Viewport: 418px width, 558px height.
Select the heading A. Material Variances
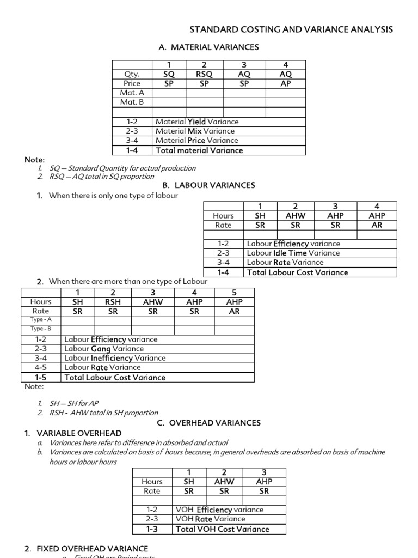pyautogui.click(x=208, y=47)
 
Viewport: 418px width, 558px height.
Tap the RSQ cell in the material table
pyautogui.click(x=205, y=74)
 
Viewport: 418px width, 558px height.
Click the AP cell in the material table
pyautogui.click(x=285, y=83)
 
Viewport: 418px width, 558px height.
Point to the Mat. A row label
pyautogui.click(x=132, y=93)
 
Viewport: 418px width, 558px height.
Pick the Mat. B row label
pyautogui.click(x=132, y=102)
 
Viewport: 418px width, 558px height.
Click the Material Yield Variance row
pyautogui.click(x=197, y=122)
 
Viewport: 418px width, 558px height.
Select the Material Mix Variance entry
pyautogui.click(x=195, y=131)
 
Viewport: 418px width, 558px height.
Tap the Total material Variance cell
pyautogui.click(x=199, y=150)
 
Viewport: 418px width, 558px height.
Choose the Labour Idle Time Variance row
pyautogui.click(x=293, y=253)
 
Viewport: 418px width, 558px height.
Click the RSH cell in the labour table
pyautogui.click(x=113, y=301)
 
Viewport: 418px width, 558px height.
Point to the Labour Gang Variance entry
pyautogui.click(x=104, y=349)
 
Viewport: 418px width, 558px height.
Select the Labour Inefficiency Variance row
pyautogui.click(x=115, y=358)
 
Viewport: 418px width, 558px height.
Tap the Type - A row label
pyautogui.click(x=41, y=320)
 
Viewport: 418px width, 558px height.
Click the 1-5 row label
pyautogui.click(x=41, y=377)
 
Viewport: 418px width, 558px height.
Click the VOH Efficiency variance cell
pyautogui.click(x=219, y=510)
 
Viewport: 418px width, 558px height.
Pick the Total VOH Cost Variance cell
pyautogui.click(x=222, y=529)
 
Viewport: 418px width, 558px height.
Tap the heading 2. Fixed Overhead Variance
pyautogui.click(x=86, y=549)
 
